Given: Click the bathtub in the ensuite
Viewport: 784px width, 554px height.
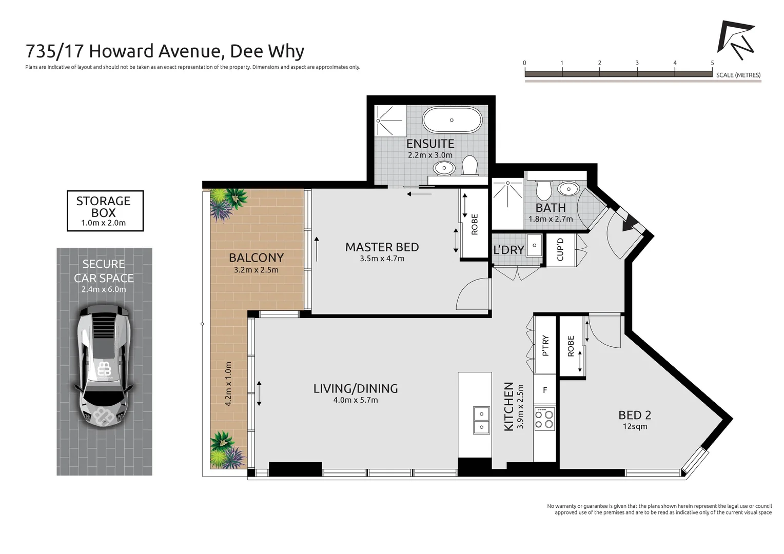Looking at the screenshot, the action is click(452, 120).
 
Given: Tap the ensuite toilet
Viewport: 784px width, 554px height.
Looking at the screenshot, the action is click(469, 165).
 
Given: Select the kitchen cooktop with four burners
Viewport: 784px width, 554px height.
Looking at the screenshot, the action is click(544, 419).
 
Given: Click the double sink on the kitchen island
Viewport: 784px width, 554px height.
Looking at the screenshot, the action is click(481, 420).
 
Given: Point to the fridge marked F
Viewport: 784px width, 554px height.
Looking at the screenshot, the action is click(545, 390).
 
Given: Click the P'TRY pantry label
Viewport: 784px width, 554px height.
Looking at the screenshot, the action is click(545, 345).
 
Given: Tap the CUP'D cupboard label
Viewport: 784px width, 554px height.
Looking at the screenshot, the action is click(560, 249).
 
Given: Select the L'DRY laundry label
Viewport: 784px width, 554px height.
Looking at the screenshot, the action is click(508, 250).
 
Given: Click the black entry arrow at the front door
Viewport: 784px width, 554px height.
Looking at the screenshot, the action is click(629, 223).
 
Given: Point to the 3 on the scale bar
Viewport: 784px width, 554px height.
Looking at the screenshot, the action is click(637, 63).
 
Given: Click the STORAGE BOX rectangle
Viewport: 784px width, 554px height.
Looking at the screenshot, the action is click(105, 211).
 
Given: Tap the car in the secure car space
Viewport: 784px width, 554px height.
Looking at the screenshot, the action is click(104, 366).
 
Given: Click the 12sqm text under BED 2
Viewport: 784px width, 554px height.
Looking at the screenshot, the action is click(635, 427).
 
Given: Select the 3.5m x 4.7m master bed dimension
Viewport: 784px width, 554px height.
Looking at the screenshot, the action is click(382, 259).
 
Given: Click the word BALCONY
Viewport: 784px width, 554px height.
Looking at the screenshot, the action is click(256, 258).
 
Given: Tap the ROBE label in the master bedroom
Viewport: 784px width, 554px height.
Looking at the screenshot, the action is click(474, 224).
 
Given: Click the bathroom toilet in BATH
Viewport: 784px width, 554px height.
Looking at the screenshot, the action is click(544, 188).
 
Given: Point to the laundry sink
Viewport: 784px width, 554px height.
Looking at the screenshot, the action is click(534, 245).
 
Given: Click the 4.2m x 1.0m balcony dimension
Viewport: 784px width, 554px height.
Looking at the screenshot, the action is click(228, 384).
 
